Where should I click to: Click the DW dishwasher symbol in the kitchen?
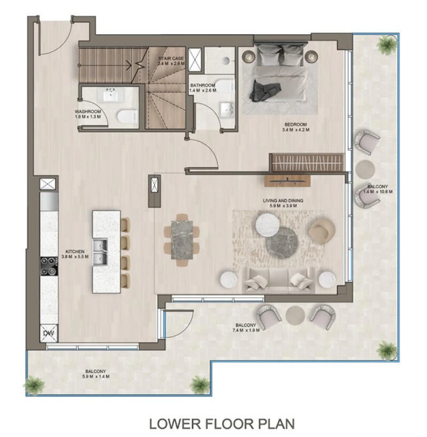point(48,333)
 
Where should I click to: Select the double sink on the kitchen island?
point(100,251)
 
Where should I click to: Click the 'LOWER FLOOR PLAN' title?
point(222,423)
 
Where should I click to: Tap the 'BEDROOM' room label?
point(294,124)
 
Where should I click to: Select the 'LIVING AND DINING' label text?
point(283,200)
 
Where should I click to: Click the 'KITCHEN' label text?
point(75,251)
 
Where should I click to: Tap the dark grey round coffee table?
point(281,241)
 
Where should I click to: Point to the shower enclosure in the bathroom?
point(195,59)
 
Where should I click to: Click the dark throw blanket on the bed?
point(260,90)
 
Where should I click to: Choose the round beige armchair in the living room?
point(322,230)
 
